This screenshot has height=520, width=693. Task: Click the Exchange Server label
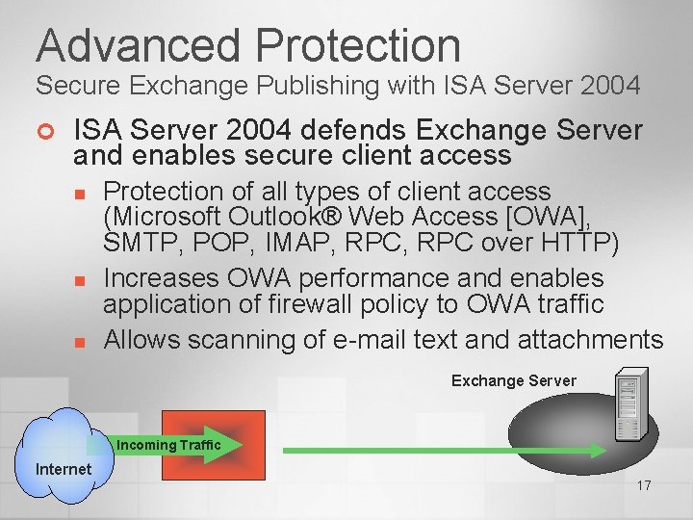click(x=514, y=380)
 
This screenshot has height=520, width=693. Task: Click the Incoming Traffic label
click(x=168, y=445)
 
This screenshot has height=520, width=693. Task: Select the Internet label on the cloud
click(x=64, y=469)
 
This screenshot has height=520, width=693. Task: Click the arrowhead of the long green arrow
click(x=597, y=450)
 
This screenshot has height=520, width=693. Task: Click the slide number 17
click(x=644, y=485)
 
